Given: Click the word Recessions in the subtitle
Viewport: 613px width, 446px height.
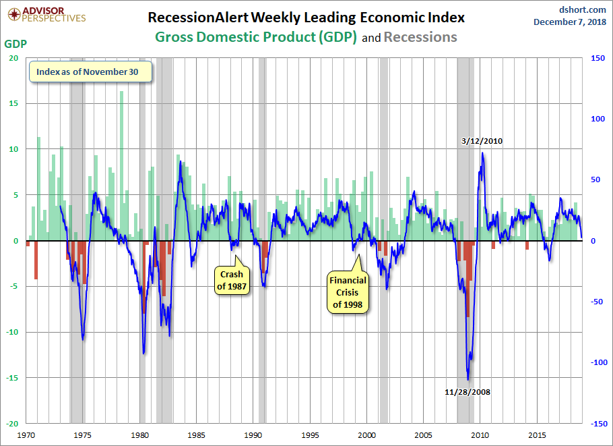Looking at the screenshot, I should [x=420, y=37].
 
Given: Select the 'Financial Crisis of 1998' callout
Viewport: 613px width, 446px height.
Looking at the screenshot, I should [x=348, y=292].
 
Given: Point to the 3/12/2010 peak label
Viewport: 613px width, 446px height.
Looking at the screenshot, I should [x=482, y=141].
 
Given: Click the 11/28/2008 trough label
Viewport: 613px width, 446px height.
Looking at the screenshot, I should [x=467, y=392].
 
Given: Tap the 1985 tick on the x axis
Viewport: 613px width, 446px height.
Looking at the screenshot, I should [x=197, y=435].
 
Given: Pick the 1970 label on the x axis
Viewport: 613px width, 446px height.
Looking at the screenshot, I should [x=26, y=435].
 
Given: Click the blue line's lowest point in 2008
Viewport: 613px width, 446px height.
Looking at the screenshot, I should [x=467, y=380].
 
